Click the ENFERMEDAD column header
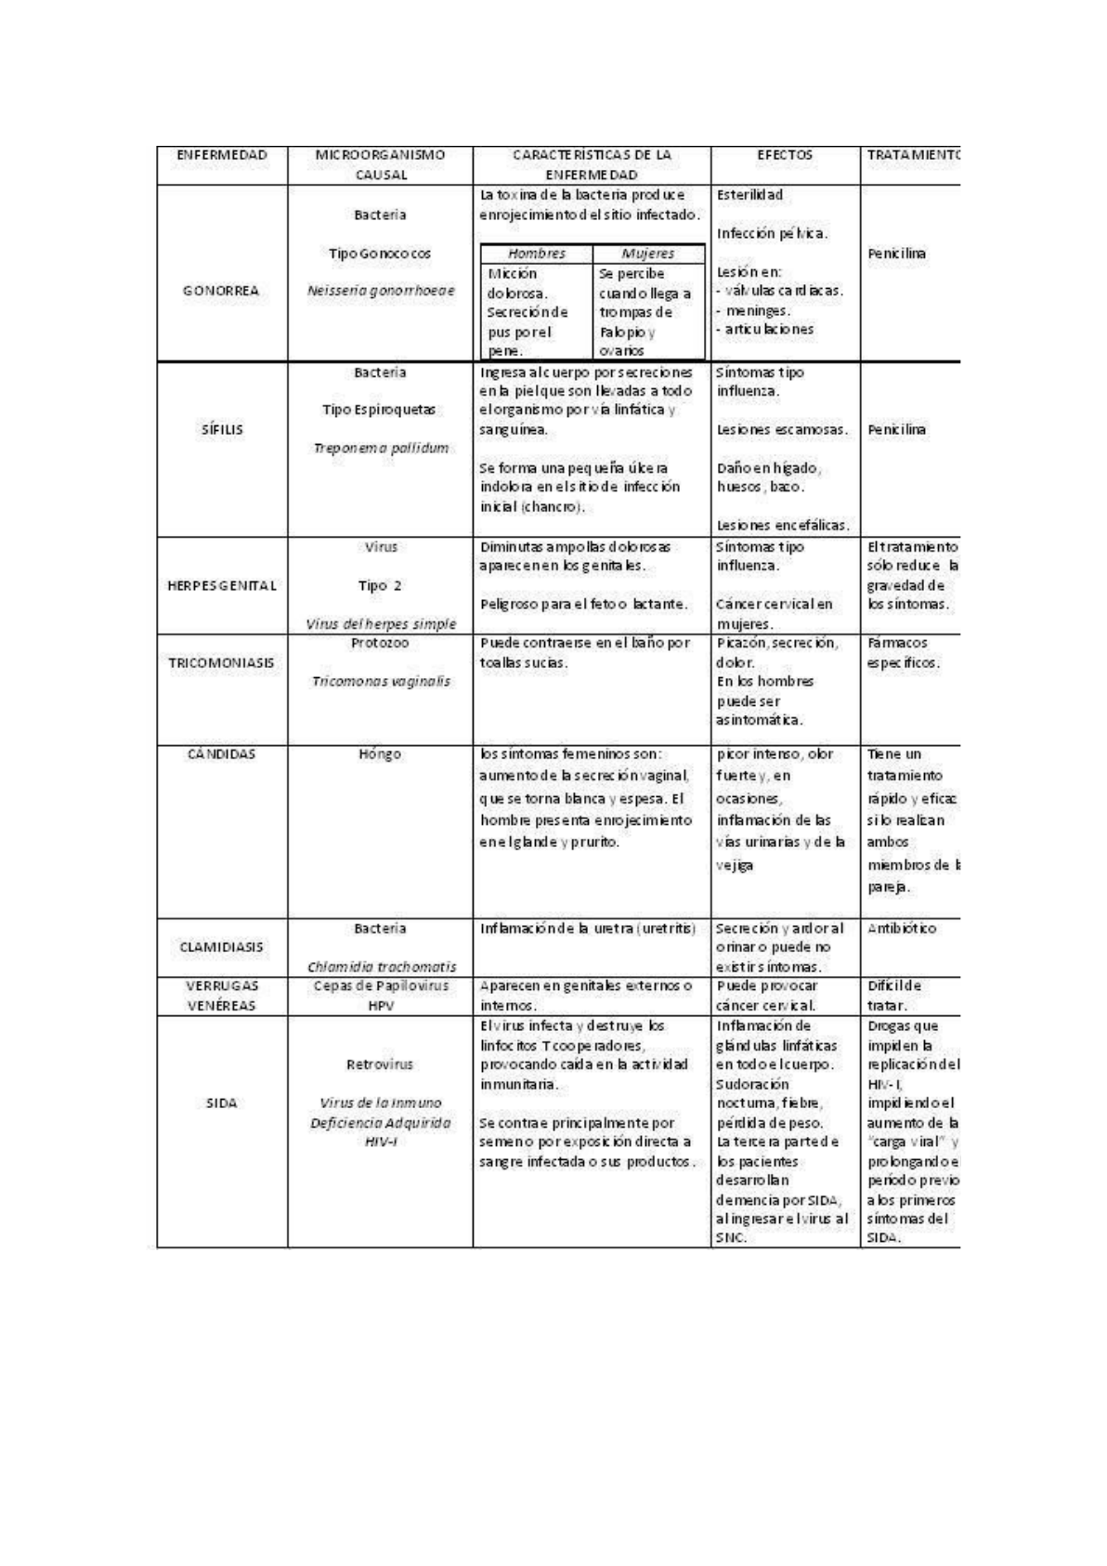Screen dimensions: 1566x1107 222,155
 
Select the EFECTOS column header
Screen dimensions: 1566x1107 785,155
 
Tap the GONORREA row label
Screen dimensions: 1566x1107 221,291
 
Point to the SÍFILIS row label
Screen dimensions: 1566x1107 222,429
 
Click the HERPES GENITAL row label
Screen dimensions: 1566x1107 222,585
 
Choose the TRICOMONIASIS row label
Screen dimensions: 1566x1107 221,662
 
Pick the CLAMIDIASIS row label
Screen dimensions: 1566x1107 221,946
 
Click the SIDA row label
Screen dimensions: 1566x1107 221,1103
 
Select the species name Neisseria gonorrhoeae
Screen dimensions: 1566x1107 381,291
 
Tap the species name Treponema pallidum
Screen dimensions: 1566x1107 381,448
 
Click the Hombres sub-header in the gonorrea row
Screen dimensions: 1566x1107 536,254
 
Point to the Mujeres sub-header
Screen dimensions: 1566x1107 647,254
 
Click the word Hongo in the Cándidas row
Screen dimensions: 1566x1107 380,754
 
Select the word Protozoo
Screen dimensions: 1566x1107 380,643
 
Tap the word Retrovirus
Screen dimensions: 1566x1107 380,1064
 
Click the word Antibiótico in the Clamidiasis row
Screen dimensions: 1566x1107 902,928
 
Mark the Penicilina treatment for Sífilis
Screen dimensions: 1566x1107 896,429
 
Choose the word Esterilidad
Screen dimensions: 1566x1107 749,195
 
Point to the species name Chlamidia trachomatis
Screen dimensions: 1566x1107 382,967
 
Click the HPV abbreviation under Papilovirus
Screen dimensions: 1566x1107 380,1005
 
